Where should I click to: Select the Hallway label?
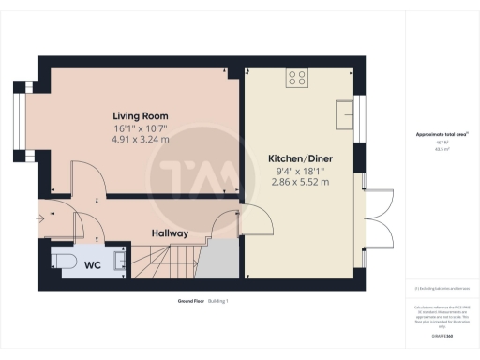click(172, 233)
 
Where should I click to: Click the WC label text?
click(93, 265)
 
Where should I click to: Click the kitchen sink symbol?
click(343, 112)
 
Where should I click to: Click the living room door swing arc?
click(84, 178)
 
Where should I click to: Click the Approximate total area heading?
click(442, 135)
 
